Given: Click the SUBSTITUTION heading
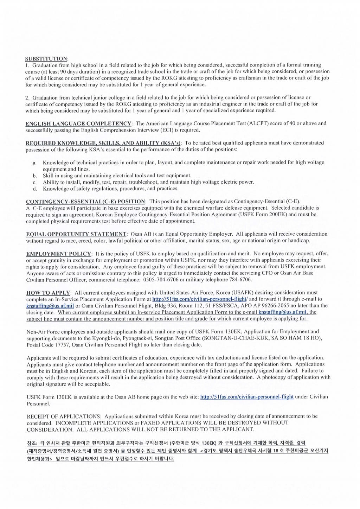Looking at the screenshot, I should pyautogui.click(x=46, y=58).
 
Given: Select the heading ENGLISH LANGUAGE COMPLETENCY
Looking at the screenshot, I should pyautogui.click(x=78, y=123).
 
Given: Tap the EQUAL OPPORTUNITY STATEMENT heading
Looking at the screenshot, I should pyautogui.click(x=76, y=234).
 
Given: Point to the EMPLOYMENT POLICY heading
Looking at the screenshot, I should pyautogui.click(x=59, y=254).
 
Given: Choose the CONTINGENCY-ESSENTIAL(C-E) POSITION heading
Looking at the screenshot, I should pyautogui.click(x=85, y=202).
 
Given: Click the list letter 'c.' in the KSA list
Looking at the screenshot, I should pyautogui.click(x=35, y=182).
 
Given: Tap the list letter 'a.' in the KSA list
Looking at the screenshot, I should pyautogui.click(x=35, y=163).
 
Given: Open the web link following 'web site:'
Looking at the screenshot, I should pyautogui.click(x=247, y=397).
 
